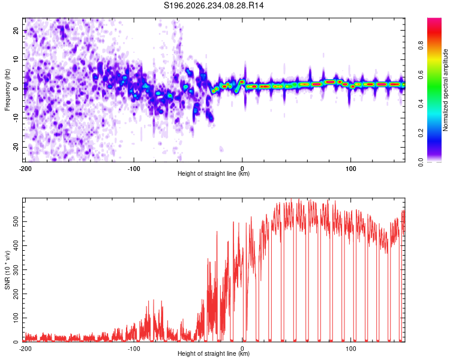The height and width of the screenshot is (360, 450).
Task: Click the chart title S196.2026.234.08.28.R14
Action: [x=214, y=5]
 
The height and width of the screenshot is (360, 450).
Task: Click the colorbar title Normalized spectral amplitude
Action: [x=445, y=90]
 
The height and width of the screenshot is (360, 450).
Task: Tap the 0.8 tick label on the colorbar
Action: [x=421, y=46]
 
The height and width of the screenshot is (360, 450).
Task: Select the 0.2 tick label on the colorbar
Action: [x=421, y=133]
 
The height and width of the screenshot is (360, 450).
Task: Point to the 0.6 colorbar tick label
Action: [x=421, y=74]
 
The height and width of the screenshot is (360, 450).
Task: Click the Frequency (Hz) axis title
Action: [x=7, y=90]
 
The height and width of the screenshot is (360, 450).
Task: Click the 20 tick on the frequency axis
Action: [x=16, y=31]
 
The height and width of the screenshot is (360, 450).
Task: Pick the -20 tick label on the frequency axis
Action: [x=16, y=146]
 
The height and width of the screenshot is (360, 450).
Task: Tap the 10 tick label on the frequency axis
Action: [x=16, y=59]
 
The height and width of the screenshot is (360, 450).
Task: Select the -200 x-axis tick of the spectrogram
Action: [x=25, y=169]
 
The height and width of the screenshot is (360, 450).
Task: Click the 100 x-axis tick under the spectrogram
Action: [x=351, y=169]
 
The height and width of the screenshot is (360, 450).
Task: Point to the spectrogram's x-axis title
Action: [x=214, y=173]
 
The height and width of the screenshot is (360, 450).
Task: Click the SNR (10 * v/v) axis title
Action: [x=7, y=270]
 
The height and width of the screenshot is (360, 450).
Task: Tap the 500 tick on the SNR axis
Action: [x=16, y=221]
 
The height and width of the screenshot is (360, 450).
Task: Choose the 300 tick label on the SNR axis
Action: [x=16, y=269]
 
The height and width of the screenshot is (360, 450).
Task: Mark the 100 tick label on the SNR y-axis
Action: [x=16, y=318]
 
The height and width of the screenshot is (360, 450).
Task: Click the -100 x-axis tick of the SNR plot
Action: [x=134, y=349]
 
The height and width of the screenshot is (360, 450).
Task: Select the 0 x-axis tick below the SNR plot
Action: [x=242, y=349]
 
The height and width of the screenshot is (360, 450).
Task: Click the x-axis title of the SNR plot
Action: [x=214, y=353]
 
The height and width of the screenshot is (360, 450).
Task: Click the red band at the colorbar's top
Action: [x=434, y=32]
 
